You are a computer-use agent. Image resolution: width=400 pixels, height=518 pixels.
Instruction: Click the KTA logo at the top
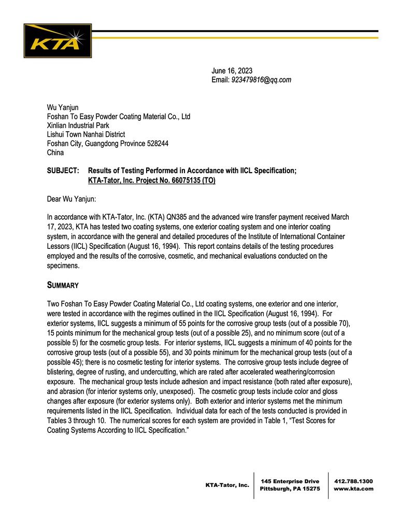58,40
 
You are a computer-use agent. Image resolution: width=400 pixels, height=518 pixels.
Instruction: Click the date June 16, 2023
232,71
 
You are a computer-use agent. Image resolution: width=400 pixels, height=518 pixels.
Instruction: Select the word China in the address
55,153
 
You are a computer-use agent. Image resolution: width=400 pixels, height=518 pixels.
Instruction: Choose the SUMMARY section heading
63,285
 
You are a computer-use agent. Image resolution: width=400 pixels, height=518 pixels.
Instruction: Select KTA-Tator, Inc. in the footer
227,485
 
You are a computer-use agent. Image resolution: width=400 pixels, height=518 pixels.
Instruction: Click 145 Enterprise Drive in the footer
290,481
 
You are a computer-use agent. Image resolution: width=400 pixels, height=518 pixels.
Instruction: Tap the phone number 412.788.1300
353,481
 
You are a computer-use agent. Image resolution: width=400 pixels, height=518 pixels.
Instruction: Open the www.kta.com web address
353,489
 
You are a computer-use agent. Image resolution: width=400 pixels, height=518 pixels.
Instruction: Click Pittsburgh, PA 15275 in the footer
290,489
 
